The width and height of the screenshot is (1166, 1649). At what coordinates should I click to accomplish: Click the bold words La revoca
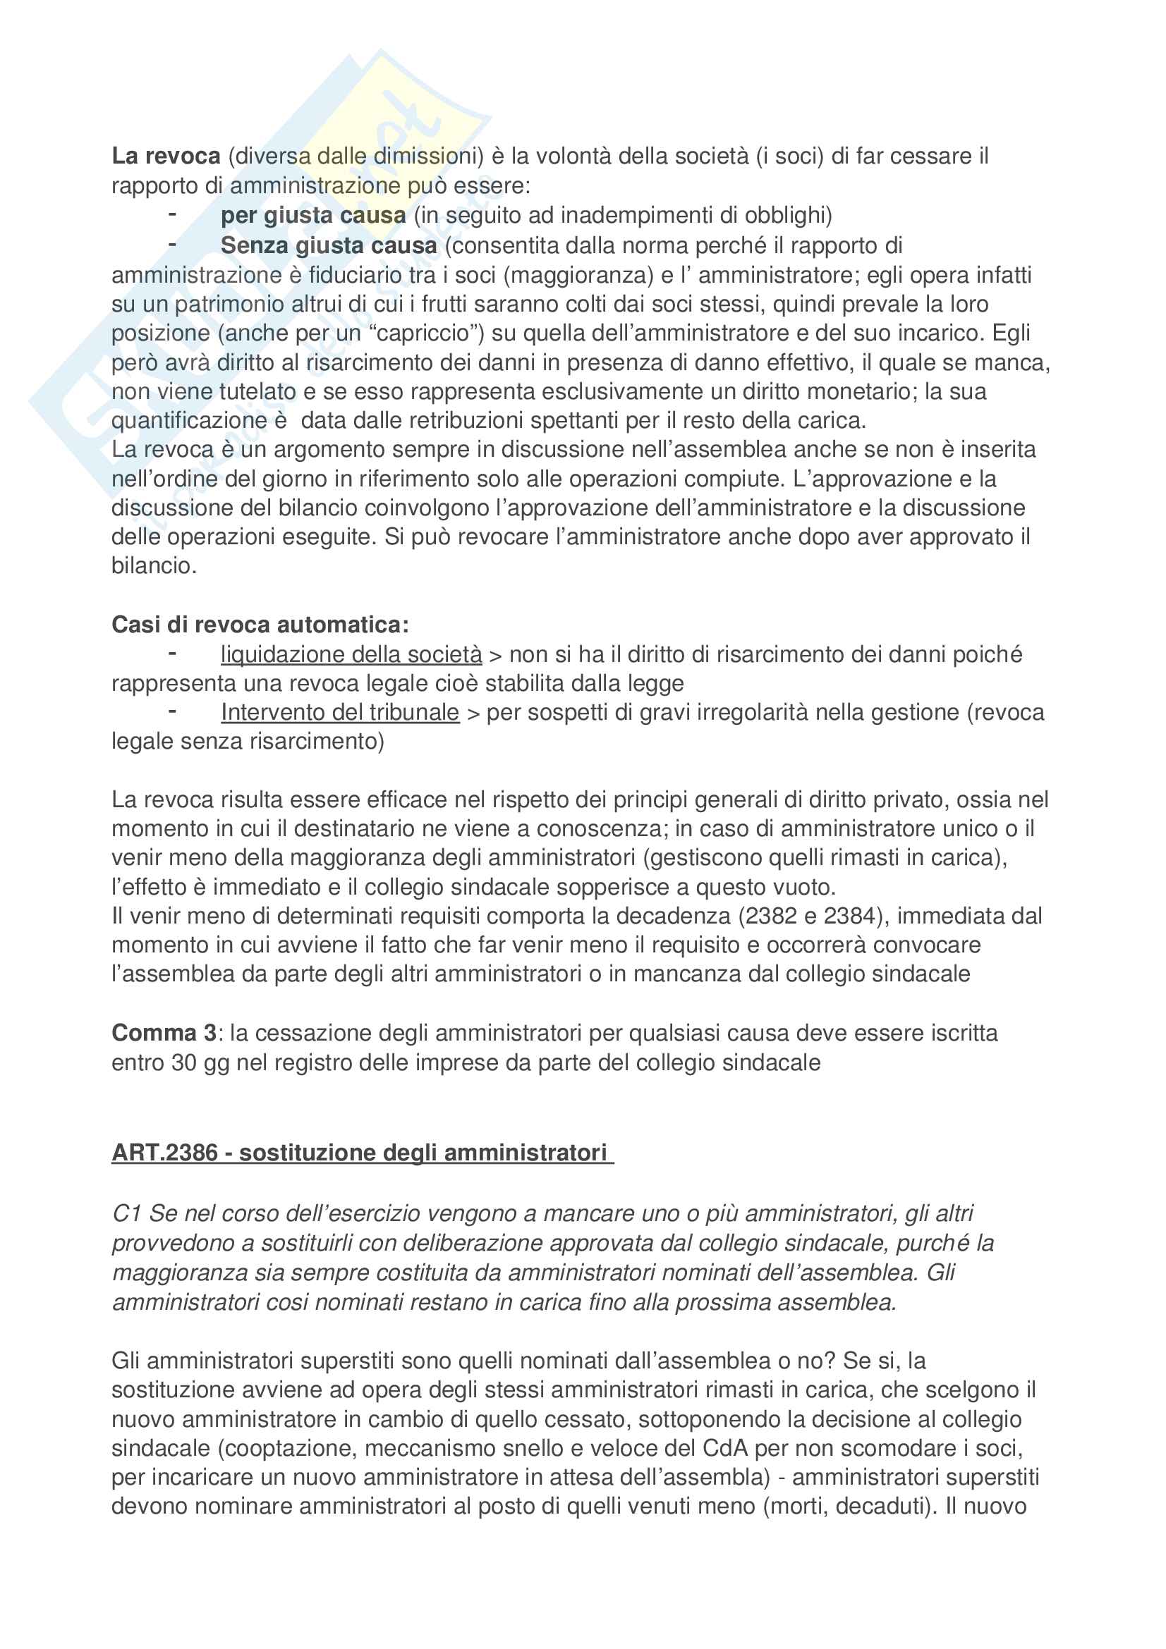click(x=166, y=156)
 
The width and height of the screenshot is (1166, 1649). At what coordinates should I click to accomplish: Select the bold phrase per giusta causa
click(x=313, y=215)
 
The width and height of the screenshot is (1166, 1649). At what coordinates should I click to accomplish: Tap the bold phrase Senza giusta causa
click(x=328, y=245)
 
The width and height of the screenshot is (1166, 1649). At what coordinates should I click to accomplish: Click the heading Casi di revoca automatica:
click(x=260, y=625)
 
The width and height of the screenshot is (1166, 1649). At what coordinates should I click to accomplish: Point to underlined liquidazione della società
click(x=351, y=654)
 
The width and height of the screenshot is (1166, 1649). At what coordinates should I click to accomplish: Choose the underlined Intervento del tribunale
click(x=340, y=713)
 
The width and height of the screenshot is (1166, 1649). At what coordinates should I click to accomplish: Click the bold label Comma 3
click(x=164, y=1033)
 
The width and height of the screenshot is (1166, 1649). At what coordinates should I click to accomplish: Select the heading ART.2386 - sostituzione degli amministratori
click(x=362, y=1153)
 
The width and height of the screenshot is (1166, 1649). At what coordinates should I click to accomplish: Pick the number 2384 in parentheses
click(x=850, y=917)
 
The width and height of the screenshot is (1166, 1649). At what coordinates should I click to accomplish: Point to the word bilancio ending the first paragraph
click(x=152, y=566)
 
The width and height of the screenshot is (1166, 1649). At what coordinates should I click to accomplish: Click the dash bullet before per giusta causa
click(x=172, y=214)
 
